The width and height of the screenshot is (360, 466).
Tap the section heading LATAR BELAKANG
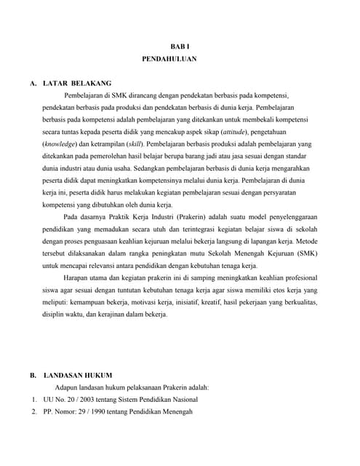[x=78, y=83]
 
